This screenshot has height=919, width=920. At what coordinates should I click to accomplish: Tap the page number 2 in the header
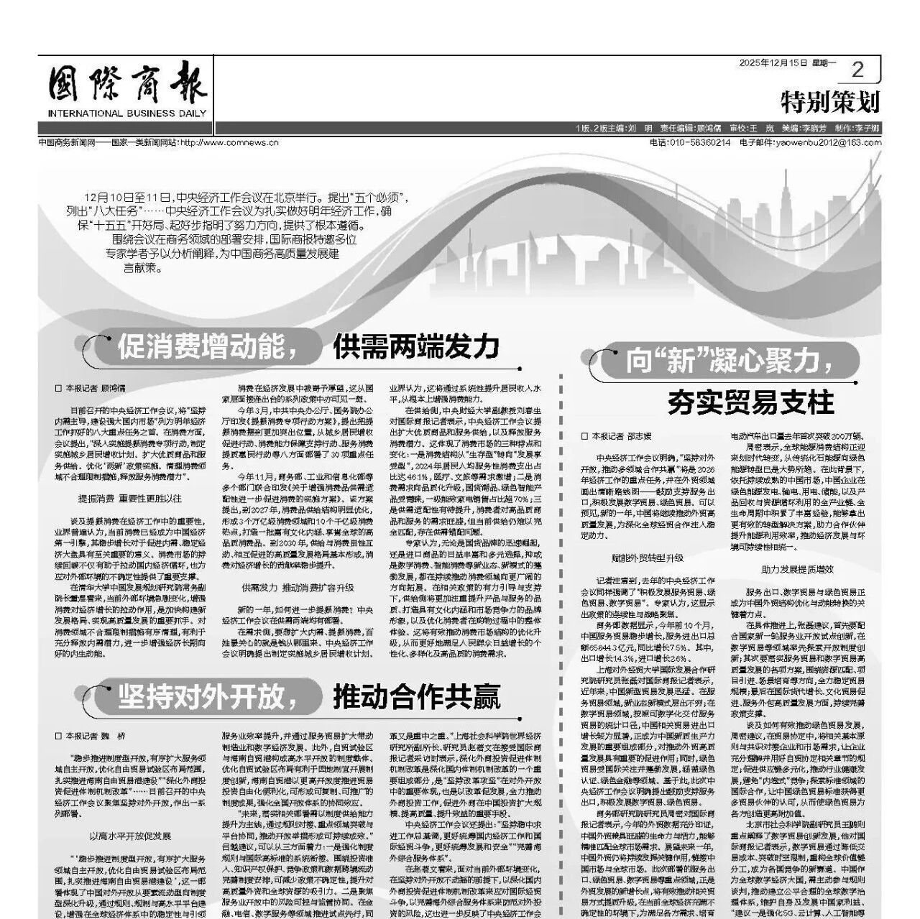click(x=857, y=70)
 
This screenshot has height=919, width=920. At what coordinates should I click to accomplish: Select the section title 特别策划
click(x=830, y=103)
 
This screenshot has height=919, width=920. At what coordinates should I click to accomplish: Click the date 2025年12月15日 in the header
click(x=774, y=63)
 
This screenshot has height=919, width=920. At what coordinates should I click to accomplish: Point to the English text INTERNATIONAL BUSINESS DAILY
click(x=127, y=114)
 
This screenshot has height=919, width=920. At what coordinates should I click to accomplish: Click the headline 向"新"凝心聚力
click(x=722, y=360)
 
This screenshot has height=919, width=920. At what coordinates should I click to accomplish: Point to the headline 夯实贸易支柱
click(x=750, y=402)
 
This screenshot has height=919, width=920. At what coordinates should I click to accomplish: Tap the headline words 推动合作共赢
click(x=417, y=695)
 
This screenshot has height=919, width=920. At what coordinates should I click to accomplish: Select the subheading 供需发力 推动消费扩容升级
click(x=298, y=587)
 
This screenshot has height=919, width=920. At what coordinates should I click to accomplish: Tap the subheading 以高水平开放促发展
click(x=130, y=836)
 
